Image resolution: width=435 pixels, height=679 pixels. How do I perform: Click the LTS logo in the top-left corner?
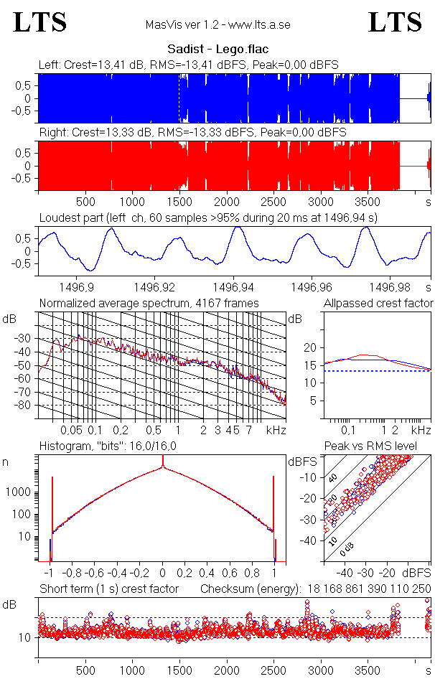(40, 22)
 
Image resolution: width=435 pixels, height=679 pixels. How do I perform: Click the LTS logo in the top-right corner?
(395, 22)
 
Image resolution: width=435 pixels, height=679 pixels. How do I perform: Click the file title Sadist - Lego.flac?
(217, 50)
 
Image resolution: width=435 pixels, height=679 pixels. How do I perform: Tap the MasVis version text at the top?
(217, 24)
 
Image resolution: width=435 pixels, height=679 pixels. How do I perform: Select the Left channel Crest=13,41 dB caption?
(189, 65)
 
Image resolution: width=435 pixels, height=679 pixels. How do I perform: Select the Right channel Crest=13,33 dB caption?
(192, 133)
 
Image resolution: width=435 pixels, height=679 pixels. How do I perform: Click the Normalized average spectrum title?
(149, 303)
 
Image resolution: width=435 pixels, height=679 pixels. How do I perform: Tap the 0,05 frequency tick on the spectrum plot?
(71, 430)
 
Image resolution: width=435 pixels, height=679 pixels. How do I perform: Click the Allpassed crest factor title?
(378, 303)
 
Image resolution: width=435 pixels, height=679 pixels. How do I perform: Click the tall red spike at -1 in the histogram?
(52, 517)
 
